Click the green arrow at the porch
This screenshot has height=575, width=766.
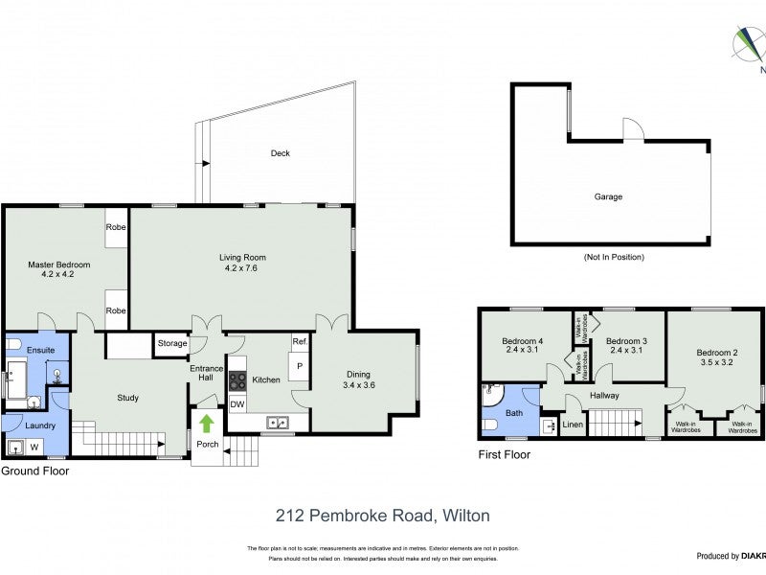(x=207, y=422)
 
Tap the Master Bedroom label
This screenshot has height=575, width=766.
(x=58, y=264)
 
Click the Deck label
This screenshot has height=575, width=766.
(x=280, y=153)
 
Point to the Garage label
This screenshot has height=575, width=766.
(x=608, y=196)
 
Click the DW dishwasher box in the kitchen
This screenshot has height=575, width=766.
(x=237, y=403)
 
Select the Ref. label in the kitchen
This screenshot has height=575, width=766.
(x=299, y=342)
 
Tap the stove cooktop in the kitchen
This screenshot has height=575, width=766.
(x=237, y=379)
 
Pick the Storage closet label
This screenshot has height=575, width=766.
(x=172, y=342)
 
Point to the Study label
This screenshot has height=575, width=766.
(x=128, y=398)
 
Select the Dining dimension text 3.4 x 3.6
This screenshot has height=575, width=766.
(x=359, y=385)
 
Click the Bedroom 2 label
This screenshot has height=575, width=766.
(x=715, y=353)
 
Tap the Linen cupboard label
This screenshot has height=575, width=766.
(x=573, y=425)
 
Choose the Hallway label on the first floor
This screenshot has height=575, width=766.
(x=604, y=395)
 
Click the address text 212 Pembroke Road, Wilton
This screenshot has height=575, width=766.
(x=383, y=516)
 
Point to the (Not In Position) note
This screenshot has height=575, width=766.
(x=613, y=257)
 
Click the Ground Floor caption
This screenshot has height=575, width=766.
(x=34, y=471)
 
